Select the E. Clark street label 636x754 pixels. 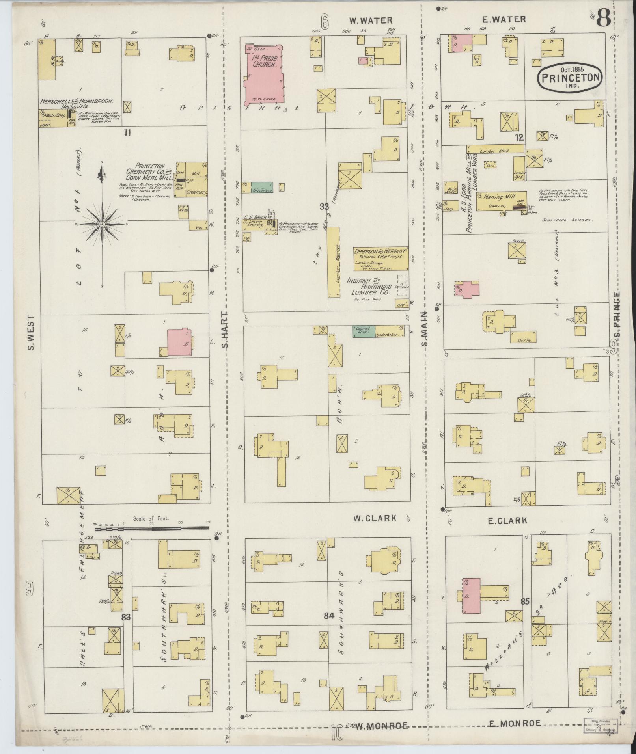coord(507,521)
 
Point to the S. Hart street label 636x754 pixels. coord(225,330)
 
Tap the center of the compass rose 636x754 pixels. coord(102,224)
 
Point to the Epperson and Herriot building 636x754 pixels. coord(381,258)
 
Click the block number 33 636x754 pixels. coord(324,206)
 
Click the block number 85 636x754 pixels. coord(524,602)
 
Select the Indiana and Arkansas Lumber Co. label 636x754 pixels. coord(369,287)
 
